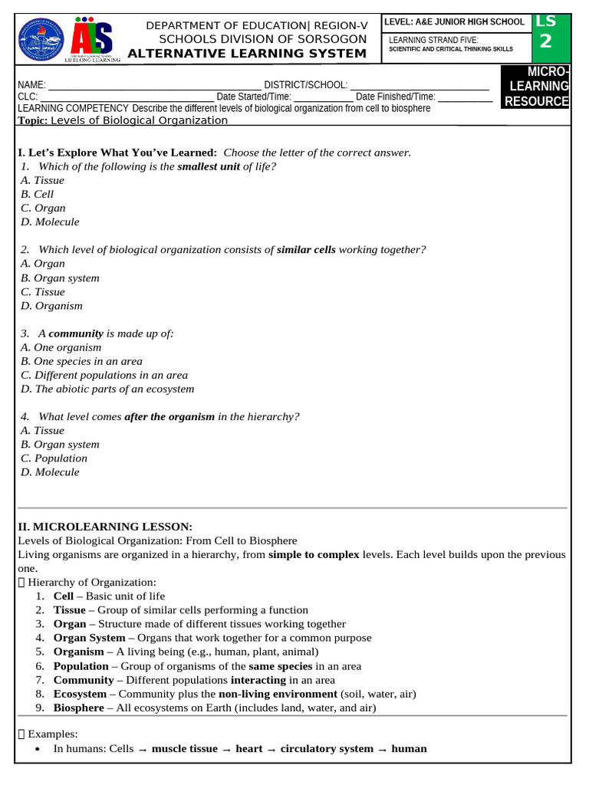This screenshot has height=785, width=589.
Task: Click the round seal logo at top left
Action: click(42, 40)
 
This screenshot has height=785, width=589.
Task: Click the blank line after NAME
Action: click(153, 85)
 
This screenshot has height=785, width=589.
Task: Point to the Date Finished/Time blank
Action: click(465, 97)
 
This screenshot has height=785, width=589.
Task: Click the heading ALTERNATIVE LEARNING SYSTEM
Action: click(247, 53)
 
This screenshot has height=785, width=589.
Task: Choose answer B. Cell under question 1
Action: click(37, 194)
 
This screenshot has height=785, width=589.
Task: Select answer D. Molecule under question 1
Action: click(50, 222)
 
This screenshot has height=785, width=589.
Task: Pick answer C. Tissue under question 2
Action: click(43, 291)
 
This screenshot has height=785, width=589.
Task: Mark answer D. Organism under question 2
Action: click(51, 305)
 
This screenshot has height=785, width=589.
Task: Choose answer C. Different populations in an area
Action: click(104, 375)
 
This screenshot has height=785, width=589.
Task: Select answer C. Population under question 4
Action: click(54, 458)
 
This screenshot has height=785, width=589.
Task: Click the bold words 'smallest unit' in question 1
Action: click(209, 166)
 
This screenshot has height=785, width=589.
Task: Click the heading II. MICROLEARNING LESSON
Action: click(105, 526)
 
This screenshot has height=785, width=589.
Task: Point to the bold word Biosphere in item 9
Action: click(78, 708)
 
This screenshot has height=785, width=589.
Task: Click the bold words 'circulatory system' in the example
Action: click(327, 748)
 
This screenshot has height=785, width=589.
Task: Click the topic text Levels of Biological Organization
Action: click(139, 120)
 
